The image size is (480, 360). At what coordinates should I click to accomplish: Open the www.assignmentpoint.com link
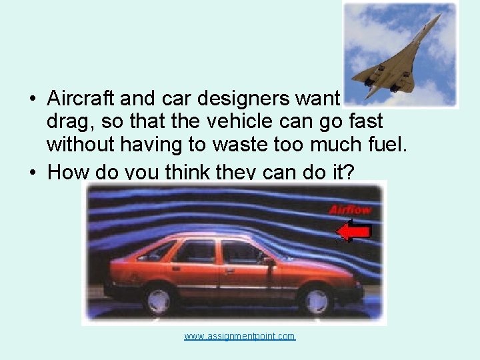(239, 336)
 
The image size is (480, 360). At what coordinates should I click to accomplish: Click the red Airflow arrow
(353, 231)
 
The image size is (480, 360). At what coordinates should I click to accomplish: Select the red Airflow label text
(350, 210)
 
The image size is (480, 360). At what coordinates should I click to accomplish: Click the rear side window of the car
(195, 251)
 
